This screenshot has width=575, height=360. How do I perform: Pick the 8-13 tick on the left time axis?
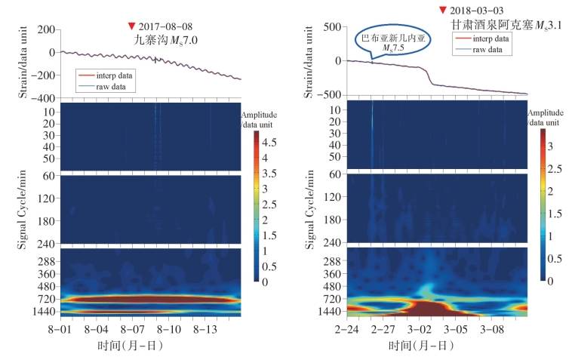tap(206, 330)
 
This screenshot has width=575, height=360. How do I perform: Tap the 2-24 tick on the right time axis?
tap(347, 330)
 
